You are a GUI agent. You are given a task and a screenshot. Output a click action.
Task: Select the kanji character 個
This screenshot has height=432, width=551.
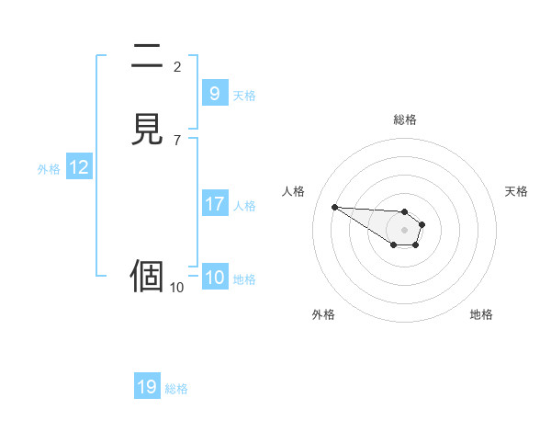(x=147, y=276)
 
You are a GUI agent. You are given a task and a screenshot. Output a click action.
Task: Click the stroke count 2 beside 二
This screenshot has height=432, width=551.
(x=177, y=66)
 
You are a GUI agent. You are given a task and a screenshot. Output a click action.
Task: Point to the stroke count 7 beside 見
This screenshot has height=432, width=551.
(x=177, y=140)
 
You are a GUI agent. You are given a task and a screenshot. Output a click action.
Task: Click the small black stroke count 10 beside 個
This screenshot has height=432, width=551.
(x=176, y=288)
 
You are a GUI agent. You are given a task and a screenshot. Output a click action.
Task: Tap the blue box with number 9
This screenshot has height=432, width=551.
(x=214, y=94)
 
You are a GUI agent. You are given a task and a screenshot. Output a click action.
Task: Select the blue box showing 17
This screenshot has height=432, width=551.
(x=214, y=204)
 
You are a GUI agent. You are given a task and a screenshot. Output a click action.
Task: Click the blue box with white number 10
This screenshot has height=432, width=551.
(x=214, y=278)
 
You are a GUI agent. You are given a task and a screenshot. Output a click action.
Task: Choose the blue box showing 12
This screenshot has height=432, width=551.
(x=79, y=167)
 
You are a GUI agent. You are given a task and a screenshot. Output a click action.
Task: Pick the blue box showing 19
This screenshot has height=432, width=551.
(x=147, y=387)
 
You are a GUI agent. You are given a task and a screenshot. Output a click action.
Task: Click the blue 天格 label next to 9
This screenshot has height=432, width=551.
(x=244, y=96)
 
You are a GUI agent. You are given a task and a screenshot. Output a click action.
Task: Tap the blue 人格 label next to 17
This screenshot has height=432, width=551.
(x=244, y=206)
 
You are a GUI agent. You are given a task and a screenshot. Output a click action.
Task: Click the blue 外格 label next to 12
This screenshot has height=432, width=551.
(x=48, y=169)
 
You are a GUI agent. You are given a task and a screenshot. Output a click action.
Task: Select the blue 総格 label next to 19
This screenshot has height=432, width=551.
(x=176, y=389)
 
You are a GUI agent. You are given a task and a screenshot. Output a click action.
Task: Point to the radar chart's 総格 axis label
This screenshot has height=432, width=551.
(x=404, y=119)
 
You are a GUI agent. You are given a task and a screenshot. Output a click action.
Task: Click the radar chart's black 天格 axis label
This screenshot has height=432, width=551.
(x=516, y=191)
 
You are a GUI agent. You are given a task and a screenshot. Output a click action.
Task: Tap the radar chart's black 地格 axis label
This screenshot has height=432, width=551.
(x=481, y=314)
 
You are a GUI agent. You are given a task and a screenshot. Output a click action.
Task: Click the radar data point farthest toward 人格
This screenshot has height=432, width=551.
(x=334, y=207)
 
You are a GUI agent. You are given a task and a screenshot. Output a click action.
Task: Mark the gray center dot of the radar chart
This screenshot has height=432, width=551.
(x=404, y=230)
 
